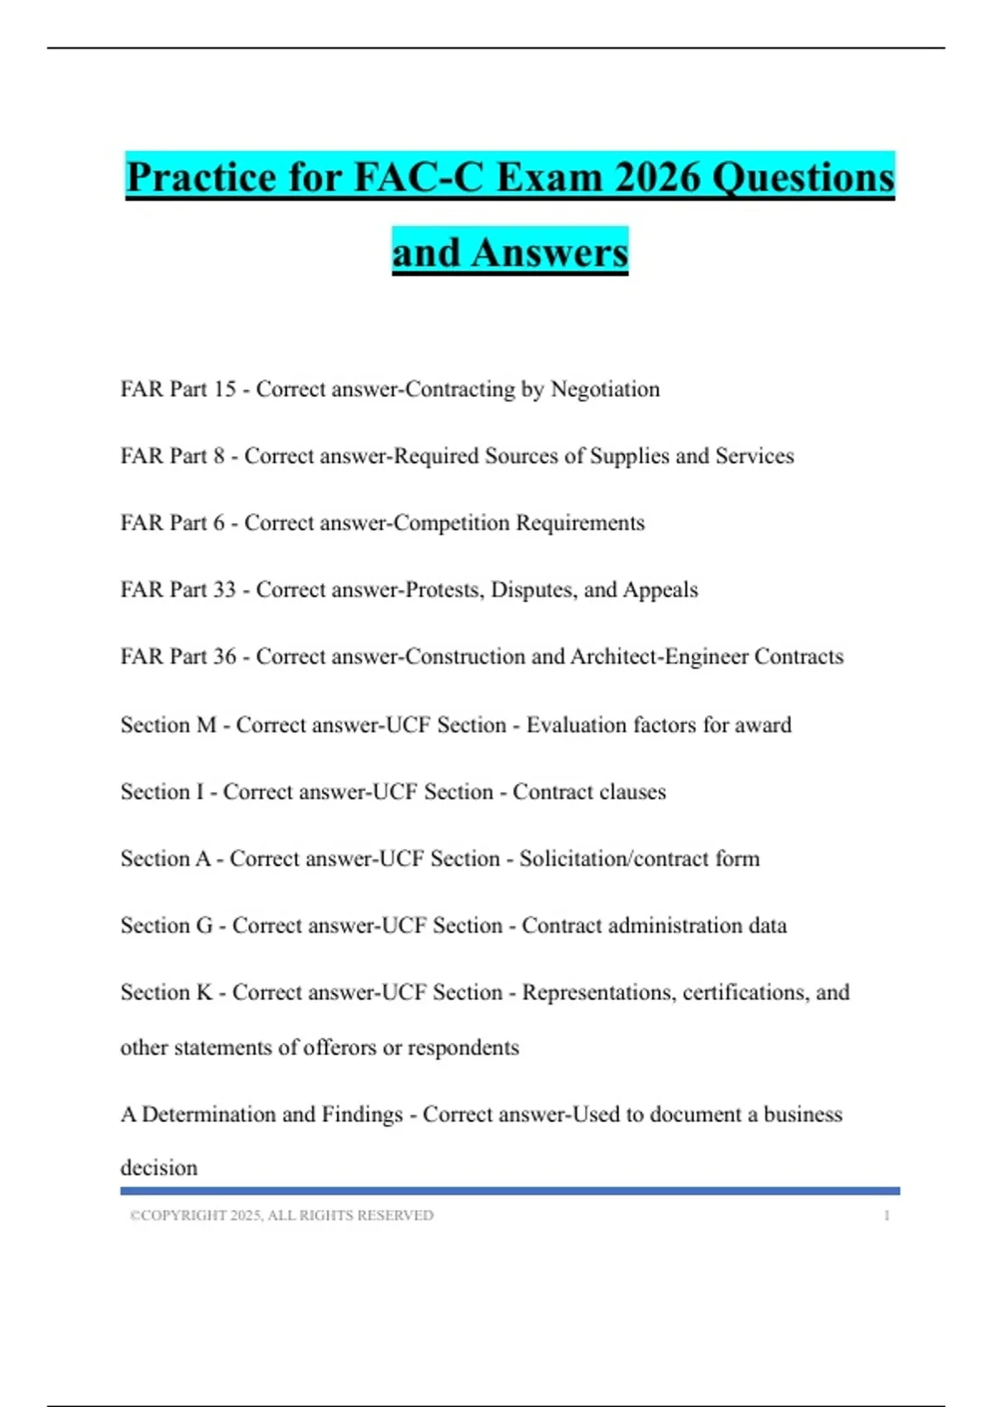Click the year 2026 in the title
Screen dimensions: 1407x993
point(658,177)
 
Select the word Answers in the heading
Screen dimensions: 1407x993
point(549,252)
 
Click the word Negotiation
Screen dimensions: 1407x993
point(605,389)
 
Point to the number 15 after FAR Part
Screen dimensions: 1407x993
point(224,389)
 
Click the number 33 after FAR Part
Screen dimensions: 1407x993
point(224,590)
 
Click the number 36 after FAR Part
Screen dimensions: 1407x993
point(224,657)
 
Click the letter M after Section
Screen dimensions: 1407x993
point(205,725)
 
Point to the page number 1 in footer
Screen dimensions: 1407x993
point(886,1216)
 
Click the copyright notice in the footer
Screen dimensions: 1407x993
point(281,1216)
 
